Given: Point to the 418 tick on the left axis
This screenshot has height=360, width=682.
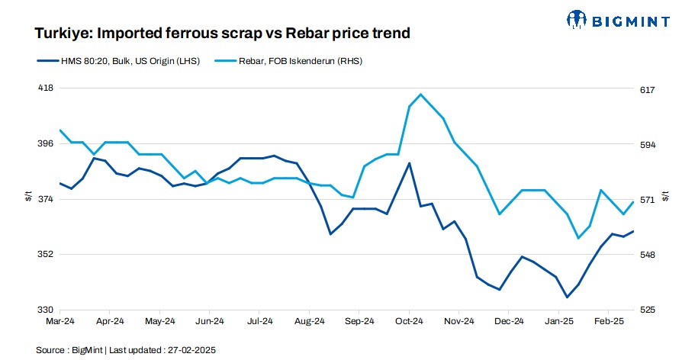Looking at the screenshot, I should pos(45,88).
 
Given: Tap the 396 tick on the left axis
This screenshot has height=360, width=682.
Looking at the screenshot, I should pos(45,143).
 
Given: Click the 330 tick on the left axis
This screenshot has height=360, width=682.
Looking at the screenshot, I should pos(45,310).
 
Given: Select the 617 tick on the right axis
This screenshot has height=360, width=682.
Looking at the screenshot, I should pos(648,90).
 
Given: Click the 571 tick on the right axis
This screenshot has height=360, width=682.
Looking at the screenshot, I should pos(648,200).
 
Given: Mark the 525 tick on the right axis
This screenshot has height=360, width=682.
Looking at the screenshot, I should pos(648,310).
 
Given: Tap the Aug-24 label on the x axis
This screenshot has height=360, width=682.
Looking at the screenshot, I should pos(310,323).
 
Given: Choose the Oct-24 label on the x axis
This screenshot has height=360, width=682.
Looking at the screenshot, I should pos(409,323).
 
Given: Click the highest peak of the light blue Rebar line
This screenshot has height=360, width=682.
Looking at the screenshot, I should pos(421,94).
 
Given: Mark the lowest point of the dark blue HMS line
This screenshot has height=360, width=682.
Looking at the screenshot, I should pos(567,297).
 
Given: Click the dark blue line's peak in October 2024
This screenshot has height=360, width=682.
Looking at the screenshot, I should pos(410,163).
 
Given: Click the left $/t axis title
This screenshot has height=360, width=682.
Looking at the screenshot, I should pos(28,198).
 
